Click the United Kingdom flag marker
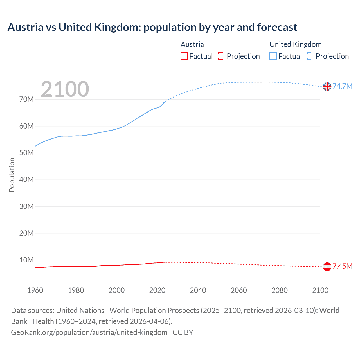pos(327,87)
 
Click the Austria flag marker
pos(327,267)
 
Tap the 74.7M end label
pos(342,86)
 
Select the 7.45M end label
pos(342,266)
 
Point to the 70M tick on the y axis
pos(26,99)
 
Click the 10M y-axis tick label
pos(26,260)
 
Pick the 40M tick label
pos(26,179)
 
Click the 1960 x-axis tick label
pos(35,290)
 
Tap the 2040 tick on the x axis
pos(198,290)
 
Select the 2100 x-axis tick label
pos(320,290)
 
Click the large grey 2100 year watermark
pos(65,89)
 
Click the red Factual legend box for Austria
pos(184,56)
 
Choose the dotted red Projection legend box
pos(222,56)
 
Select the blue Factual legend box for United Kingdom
pos(273,56)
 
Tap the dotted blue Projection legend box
pos(311,56)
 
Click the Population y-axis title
pos(12,175)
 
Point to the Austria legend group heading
pos(192,44)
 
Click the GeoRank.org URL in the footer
pos(89,332)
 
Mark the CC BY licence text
pos(183,332)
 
